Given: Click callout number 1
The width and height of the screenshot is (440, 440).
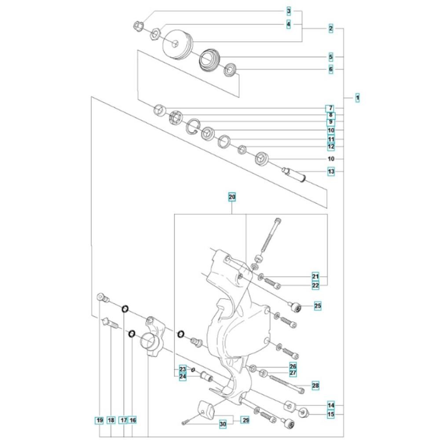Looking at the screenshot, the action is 357,98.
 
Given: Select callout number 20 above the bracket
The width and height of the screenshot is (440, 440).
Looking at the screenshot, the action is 232,197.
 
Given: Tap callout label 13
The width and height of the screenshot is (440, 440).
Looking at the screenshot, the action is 331,172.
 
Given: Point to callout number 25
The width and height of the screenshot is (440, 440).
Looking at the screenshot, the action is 317,306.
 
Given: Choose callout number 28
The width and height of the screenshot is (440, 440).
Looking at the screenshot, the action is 315,385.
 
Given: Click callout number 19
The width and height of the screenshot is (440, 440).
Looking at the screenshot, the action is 99,420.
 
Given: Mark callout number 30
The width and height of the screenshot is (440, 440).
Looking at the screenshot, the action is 223,424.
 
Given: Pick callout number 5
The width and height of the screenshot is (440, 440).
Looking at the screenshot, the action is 331,57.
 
